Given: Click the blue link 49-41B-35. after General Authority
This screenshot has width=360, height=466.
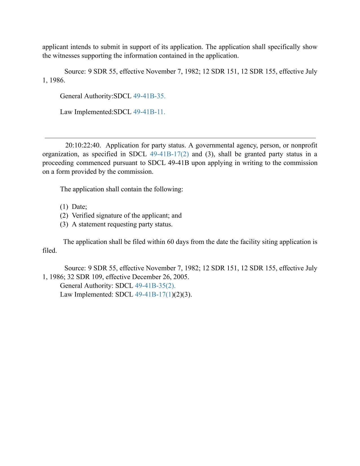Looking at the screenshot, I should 149,96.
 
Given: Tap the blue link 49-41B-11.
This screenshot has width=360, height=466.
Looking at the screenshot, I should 149,112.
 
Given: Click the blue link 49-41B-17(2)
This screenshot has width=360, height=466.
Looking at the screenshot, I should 169,154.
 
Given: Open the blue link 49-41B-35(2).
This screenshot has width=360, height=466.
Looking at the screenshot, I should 155,286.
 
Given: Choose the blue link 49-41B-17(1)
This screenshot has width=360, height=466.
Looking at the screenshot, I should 154,294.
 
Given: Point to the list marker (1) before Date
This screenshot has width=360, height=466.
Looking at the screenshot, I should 64,207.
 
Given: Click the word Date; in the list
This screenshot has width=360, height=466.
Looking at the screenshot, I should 79,207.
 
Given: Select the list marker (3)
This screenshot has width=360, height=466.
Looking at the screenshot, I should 64,224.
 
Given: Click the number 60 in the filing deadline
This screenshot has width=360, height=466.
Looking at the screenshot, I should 171,242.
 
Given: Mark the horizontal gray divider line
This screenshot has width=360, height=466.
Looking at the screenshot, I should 180,138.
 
